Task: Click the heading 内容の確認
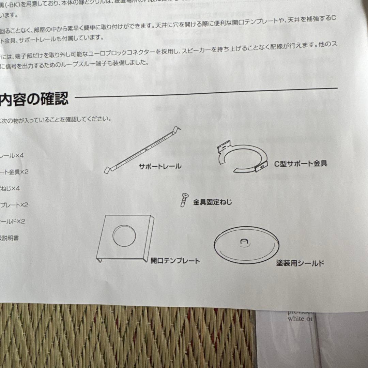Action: [34, 99]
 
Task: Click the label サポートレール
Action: [160, 167]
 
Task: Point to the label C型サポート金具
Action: [301, 164]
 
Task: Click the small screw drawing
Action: [184, 199]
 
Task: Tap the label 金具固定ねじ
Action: [212, 202]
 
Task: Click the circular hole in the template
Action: [124, 235]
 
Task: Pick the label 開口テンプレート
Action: [175, 261]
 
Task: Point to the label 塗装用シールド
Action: [300, 263]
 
